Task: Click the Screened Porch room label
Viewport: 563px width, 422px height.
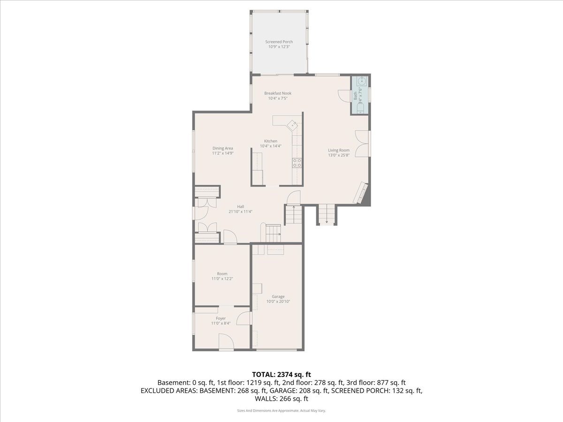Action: point(279,42)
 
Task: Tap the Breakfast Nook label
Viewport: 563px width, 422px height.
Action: point(278,93)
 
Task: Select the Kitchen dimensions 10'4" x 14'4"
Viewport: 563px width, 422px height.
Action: point(271,146)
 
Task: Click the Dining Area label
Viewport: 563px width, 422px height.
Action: point(223,148)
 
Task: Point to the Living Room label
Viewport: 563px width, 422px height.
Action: point(339,150)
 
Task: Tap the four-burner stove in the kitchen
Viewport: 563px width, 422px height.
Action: point(297,163)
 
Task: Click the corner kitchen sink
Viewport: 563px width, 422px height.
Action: point(292,125)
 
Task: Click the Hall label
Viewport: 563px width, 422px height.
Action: point(240,206)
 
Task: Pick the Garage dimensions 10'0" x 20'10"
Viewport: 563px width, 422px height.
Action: point(278,301)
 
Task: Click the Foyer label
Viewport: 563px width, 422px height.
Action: point(221,318)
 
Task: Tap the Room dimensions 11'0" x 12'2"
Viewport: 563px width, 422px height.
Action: point(222,279)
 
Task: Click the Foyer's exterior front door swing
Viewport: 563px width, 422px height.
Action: point(226,341)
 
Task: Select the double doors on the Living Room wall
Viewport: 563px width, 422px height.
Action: point(362,144)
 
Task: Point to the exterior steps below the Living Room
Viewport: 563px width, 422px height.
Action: point(327,215)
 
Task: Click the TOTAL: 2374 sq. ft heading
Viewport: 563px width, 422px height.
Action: point(281,374)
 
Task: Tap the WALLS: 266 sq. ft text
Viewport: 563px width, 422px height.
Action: point(281,399)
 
